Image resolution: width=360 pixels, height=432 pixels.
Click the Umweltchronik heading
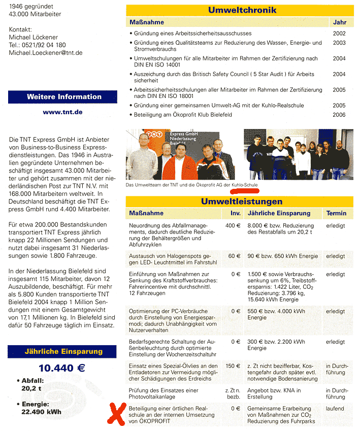click(242, 11)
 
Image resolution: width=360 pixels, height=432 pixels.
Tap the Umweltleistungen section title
click(242, 202)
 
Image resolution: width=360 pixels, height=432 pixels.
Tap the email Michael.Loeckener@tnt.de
click(46, 53)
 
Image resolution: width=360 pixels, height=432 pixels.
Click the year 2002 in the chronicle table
click(339, 33)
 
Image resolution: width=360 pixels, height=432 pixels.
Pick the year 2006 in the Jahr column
click(339, 115)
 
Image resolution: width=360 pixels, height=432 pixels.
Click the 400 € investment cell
click(233, 225)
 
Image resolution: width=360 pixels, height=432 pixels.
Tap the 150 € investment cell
click(233, 366)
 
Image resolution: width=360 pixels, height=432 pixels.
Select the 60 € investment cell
click(234, 256)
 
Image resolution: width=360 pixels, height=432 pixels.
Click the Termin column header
click(337, 213)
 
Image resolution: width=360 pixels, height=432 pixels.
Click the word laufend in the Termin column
click(335, 408)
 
